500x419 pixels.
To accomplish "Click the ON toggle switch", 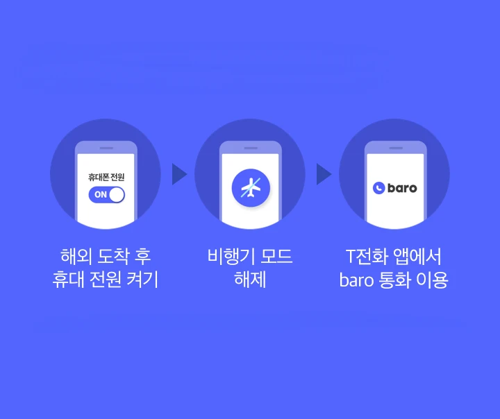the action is pyautogui.click(x=106, y=194).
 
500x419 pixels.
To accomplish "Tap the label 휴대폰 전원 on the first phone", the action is pyautogui.click(x=106, y=178).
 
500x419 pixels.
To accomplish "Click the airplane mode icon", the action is pyautogui.click(x=250, y=187).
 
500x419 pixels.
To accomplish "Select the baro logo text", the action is pyautogui.click(x=402, y=187).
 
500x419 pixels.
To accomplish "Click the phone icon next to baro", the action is pyautogui.click(x=378, y=187).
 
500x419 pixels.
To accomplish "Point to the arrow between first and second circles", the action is pyautogui.click(x=179, y=174).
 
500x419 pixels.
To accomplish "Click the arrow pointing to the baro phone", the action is pyautogui.click(x=324, y=174).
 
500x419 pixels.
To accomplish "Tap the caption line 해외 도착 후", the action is pyautogui.click(x=106, y=256).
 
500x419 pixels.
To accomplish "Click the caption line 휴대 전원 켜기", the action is pyautogui.click(x=106, y=281).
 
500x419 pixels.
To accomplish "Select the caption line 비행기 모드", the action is pyautogui.click(x=250, y=256).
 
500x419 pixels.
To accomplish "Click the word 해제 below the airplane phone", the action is pyautogui.click(x=250, y=281).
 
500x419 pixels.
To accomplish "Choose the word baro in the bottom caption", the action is pyautogui.click(x=357, y=281).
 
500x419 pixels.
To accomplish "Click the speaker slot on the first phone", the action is pyautogui.click(x=106, y=148).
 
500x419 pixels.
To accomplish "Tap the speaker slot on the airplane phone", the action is pyautogui.click(x=250, y=148).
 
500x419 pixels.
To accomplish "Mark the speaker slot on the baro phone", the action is pyautogui.click(x=394, y=148).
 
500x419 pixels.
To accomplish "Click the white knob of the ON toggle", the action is pyautogui.click(x=116, y=194).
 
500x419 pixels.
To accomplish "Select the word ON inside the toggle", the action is pyautogui.click(x=101, y=194).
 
